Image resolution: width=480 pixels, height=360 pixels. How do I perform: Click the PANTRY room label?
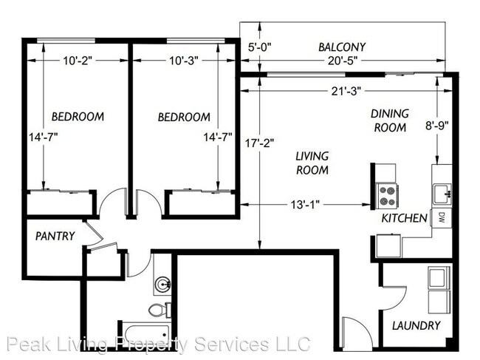pos(55,237)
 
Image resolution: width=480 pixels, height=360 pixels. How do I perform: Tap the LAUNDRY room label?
pos(416,325)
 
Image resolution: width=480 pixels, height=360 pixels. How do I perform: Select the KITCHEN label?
pos(404,218)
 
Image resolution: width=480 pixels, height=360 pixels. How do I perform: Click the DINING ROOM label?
pos(389,120)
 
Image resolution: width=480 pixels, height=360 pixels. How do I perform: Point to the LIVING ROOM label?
pos(312,163)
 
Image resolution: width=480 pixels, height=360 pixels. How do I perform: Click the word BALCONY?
pos(342,47)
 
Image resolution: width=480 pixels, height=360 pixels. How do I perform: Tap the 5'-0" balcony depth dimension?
pos(259,47)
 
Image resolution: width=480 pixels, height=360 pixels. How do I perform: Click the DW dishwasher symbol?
pos(441,217)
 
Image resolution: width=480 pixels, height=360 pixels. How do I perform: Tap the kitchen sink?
pos(442,194)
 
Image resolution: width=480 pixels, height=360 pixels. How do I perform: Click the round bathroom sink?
pos(162,283)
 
